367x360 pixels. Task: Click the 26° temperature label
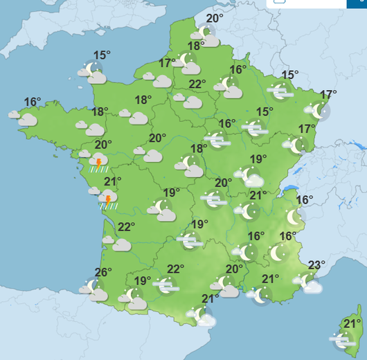tap(102, 272)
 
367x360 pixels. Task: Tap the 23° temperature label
tap(316, 264)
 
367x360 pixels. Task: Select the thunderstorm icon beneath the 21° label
tap(108, 201)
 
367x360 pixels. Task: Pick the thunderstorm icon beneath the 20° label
tap(98, 163)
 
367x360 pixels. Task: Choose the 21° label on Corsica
tap(352, 323)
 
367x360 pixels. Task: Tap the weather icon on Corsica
tap(343, 340)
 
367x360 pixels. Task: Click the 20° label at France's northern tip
tap(215, 19)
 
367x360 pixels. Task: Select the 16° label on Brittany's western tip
tap(33, 102)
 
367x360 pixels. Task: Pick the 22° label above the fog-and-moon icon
tap(175, 269)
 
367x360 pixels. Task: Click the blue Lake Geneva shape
tap(289, 187)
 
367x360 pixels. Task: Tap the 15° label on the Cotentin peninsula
tap(102, 55)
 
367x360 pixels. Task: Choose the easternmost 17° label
tap(328, 95)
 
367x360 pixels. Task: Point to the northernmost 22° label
tap(197, 84)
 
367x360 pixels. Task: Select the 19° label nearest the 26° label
tap(143, 280)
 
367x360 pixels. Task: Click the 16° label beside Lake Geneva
tap(305, 200)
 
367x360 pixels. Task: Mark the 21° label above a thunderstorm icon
tap(112, 181)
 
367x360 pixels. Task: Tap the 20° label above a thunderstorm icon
tap(103, 145)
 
